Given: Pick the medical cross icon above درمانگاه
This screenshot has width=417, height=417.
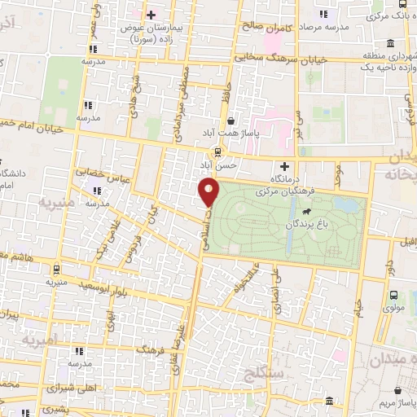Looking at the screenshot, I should point(283,165).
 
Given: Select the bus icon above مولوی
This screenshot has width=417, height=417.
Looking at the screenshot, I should point(393,296).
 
